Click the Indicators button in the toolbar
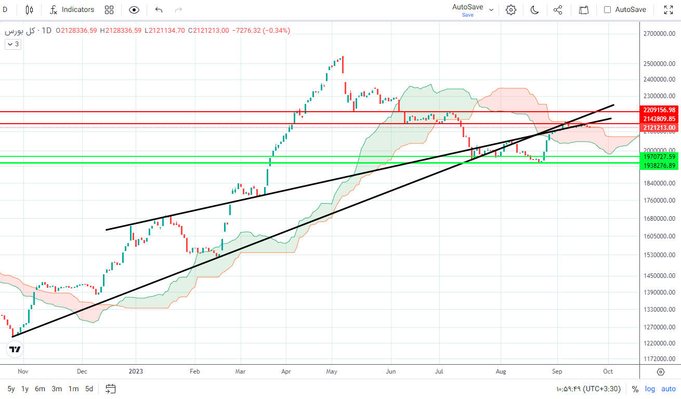click(72, 10)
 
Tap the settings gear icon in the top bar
click(511, 10)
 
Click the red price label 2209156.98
click(659, 110)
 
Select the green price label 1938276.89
click(659, 166)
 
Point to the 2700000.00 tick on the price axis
click(659, 34)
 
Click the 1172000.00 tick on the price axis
click(659, 359)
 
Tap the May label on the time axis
click(332, 371)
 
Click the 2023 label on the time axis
click(136, 371)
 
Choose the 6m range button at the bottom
click(40, 389)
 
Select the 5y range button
click(11, 389)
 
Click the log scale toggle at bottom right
click(650, 389)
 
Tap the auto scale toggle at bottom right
click(669, 389)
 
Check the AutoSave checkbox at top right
click(607, 10)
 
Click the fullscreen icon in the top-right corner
click(669, 10)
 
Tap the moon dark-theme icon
click(534, 10)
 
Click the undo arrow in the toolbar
click(159, 10)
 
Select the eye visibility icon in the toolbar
click(134, 10)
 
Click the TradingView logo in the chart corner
click(15, 350)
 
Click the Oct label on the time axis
click(608, 371)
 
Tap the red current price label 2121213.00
click(659, 128)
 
